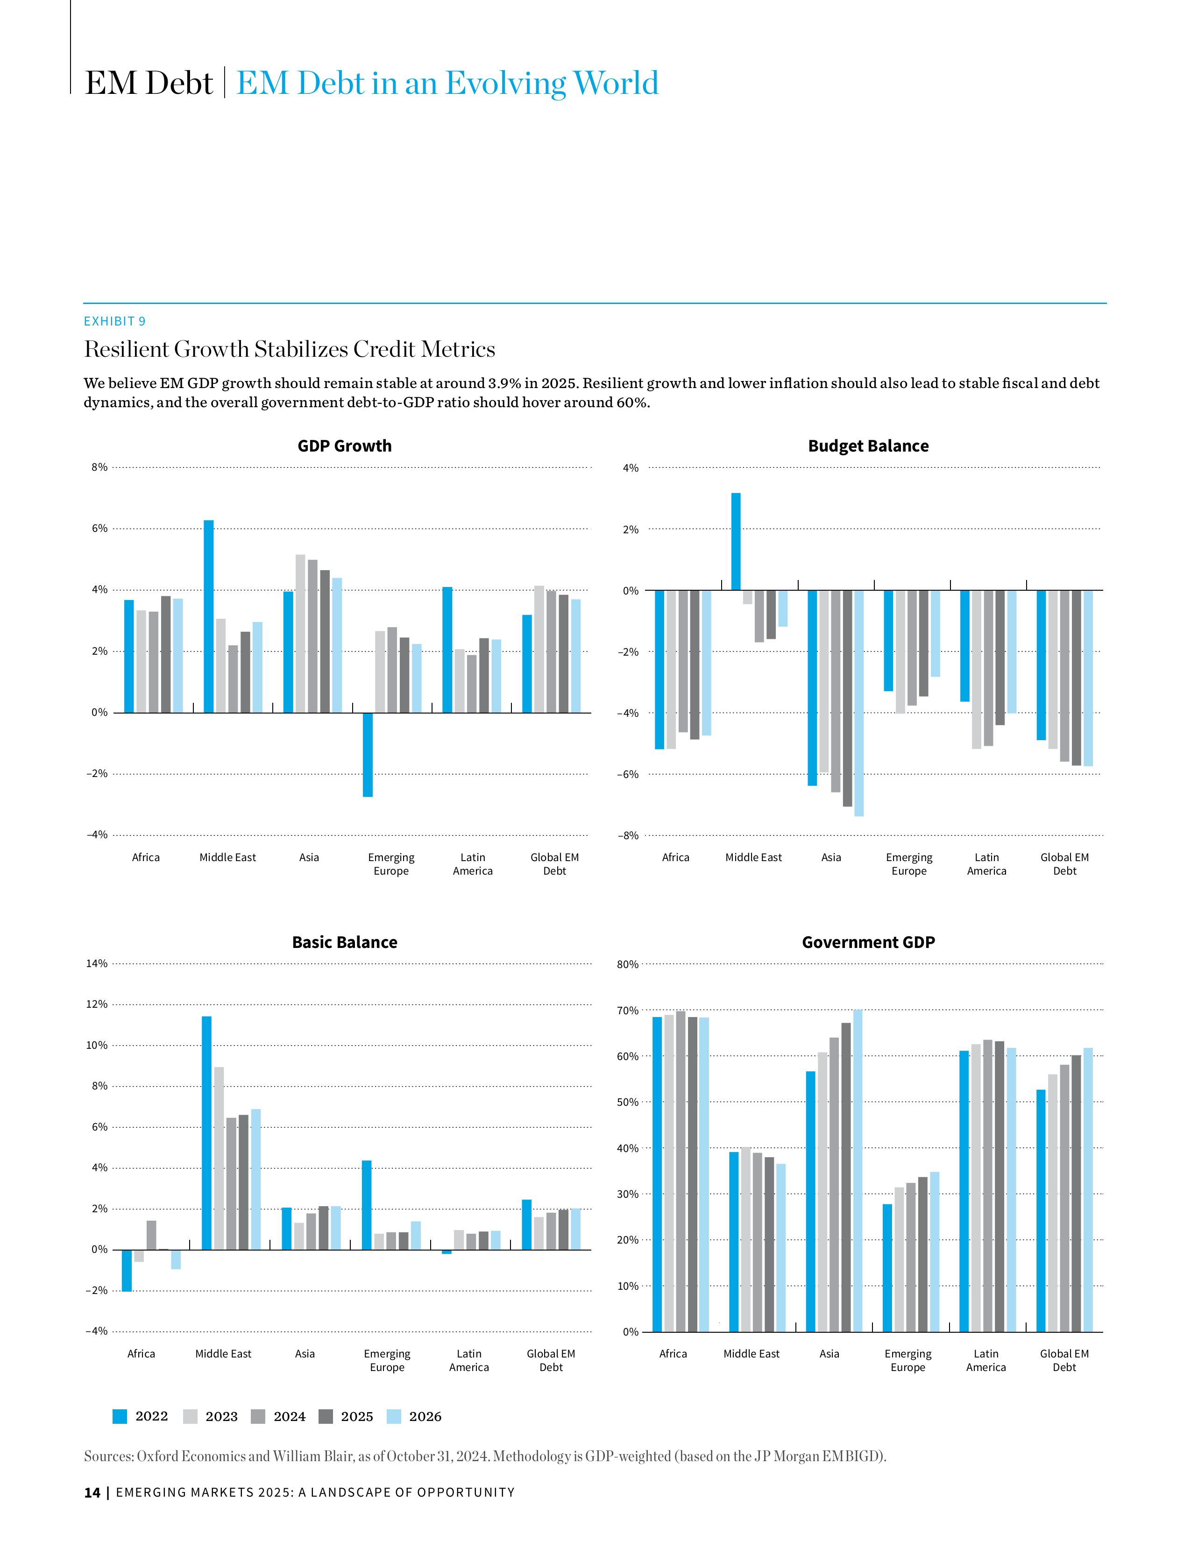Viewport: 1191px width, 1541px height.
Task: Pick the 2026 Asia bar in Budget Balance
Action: tap(858, 703)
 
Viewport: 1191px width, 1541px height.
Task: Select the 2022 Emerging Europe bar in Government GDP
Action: tap(887, 1267)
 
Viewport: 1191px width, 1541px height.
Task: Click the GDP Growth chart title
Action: tap(344, 446)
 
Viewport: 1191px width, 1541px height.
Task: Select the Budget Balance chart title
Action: tap(868, 446)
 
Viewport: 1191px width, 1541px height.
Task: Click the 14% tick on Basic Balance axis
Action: tap(97, 963)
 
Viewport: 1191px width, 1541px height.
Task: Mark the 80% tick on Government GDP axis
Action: tap(628, 964)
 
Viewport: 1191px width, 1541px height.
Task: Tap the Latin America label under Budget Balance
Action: tap(986, 863)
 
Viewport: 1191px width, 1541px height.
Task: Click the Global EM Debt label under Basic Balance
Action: tap(551, 1360)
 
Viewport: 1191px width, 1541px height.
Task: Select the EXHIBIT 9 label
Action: tap(115, 321)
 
